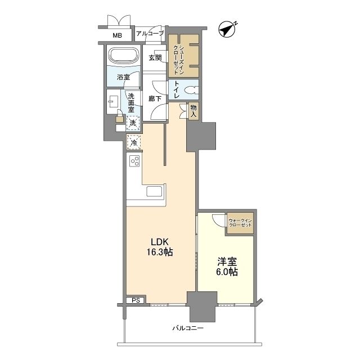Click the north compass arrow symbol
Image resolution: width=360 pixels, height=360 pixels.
coord(227,29)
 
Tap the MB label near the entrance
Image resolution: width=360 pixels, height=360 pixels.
coord(118,35)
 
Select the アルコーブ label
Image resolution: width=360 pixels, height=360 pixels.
coord(150,34)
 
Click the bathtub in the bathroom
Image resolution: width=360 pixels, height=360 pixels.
coord(124,56)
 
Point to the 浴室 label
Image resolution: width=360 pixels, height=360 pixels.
coord(124,77)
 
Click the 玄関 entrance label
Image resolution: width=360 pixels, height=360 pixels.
coord(155,57)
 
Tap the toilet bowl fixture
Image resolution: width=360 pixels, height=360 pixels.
coord(191,90)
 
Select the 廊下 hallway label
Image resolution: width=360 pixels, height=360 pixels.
coord(155,99)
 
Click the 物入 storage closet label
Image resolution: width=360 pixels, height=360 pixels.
coord(193,111)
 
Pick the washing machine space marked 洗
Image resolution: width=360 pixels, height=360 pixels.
coord(133,123)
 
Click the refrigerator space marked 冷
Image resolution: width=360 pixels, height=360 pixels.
coord(134,142)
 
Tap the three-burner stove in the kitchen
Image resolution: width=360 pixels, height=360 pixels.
coord(134,161)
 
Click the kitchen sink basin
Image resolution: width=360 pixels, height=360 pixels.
coord(154,191)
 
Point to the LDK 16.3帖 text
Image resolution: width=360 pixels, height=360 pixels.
coord(160,247)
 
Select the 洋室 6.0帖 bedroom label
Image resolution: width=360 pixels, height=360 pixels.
coord(227,267)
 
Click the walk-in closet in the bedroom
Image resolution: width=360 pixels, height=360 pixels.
coord(240,223)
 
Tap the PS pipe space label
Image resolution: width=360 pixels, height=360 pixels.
coord(136,300)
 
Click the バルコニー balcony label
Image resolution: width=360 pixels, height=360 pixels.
coord(188,328)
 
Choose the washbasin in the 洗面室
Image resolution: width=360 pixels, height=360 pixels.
coord(113,102)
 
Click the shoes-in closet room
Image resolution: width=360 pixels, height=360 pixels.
coord(184,56)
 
